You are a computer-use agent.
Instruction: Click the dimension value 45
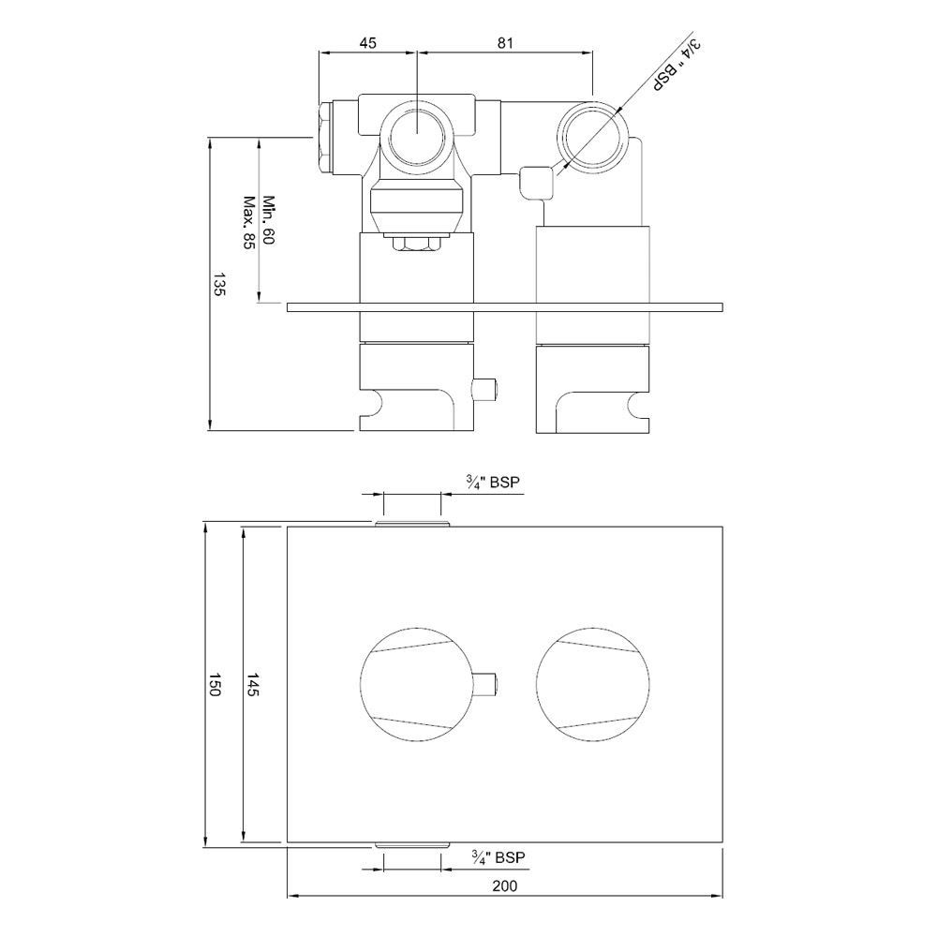pyautogui.click(x=367, y=43)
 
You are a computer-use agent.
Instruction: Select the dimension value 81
pyautogui.click(x=505, y=43)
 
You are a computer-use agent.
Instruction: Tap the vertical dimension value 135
pyautogui.click(x=218, y=285)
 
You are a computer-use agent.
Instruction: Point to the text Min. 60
pyautogui.click(x=268, y=219)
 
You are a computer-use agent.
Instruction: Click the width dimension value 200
pyautogui.click(x=505, y=885)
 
